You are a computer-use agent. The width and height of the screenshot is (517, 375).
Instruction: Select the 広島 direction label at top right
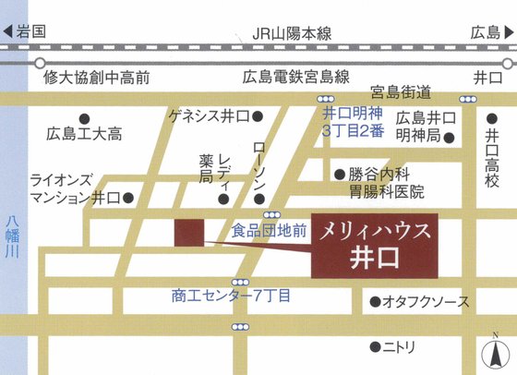pos(484,32)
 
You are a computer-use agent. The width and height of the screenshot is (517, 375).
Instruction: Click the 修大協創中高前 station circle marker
pos(40,63)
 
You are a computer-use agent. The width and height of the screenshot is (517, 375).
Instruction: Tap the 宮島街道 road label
pos(401,91)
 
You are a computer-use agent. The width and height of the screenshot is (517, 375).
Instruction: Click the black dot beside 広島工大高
pos(84,118)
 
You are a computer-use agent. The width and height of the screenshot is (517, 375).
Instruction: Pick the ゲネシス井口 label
pos(210,116)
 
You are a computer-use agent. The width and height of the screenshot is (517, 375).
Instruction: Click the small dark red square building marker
pos(189,234)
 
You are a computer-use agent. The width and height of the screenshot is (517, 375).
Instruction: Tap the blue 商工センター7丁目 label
pos(231,296)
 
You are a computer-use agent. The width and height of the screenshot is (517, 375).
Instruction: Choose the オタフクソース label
pos(426,302)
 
